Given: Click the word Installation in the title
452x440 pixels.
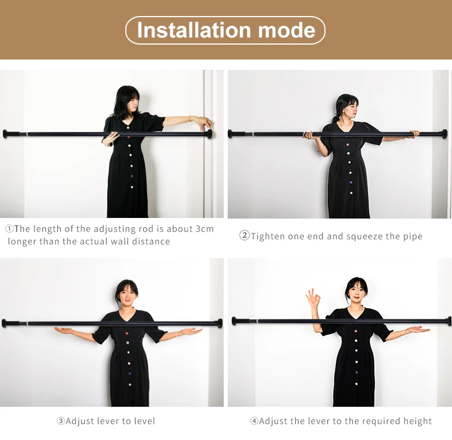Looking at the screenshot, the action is click(194, 30).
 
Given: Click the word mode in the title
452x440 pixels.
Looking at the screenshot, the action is click(287, 30).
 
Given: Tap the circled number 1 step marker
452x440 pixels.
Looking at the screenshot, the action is click(9, 229).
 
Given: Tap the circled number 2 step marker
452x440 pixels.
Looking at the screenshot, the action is click(244, 236).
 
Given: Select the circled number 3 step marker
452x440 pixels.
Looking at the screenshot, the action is click(61, 421).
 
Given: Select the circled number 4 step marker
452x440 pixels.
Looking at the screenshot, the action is click(254, 421).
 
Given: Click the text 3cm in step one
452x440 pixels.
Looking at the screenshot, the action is click(205, 229).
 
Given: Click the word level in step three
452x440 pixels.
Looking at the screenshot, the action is click(144, 421).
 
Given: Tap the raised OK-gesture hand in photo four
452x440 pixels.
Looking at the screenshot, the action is click(312, 298).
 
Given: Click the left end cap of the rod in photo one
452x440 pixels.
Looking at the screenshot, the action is click(6, 134).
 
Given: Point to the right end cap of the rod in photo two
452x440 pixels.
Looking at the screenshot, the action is click(444, 134).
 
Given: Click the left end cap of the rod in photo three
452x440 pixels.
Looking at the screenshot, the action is click(5, 323).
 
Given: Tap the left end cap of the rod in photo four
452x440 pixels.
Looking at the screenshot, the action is click(234, 321).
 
